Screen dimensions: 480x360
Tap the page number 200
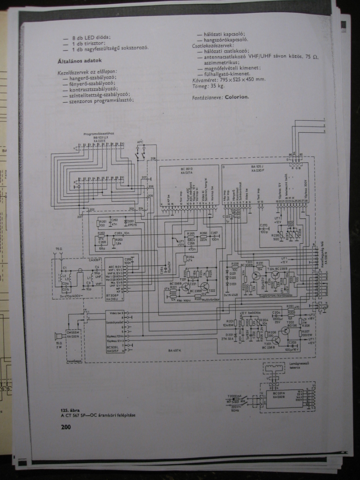[66, 427]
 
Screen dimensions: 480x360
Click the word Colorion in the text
[237, 97]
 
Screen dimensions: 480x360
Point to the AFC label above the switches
[140, 140]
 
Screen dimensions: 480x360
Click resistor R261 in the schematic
[103, 222]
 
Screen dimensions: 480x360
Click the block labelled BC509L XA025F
[114, 331]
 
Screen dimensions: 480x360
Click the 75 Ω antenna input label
[59, 248]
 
